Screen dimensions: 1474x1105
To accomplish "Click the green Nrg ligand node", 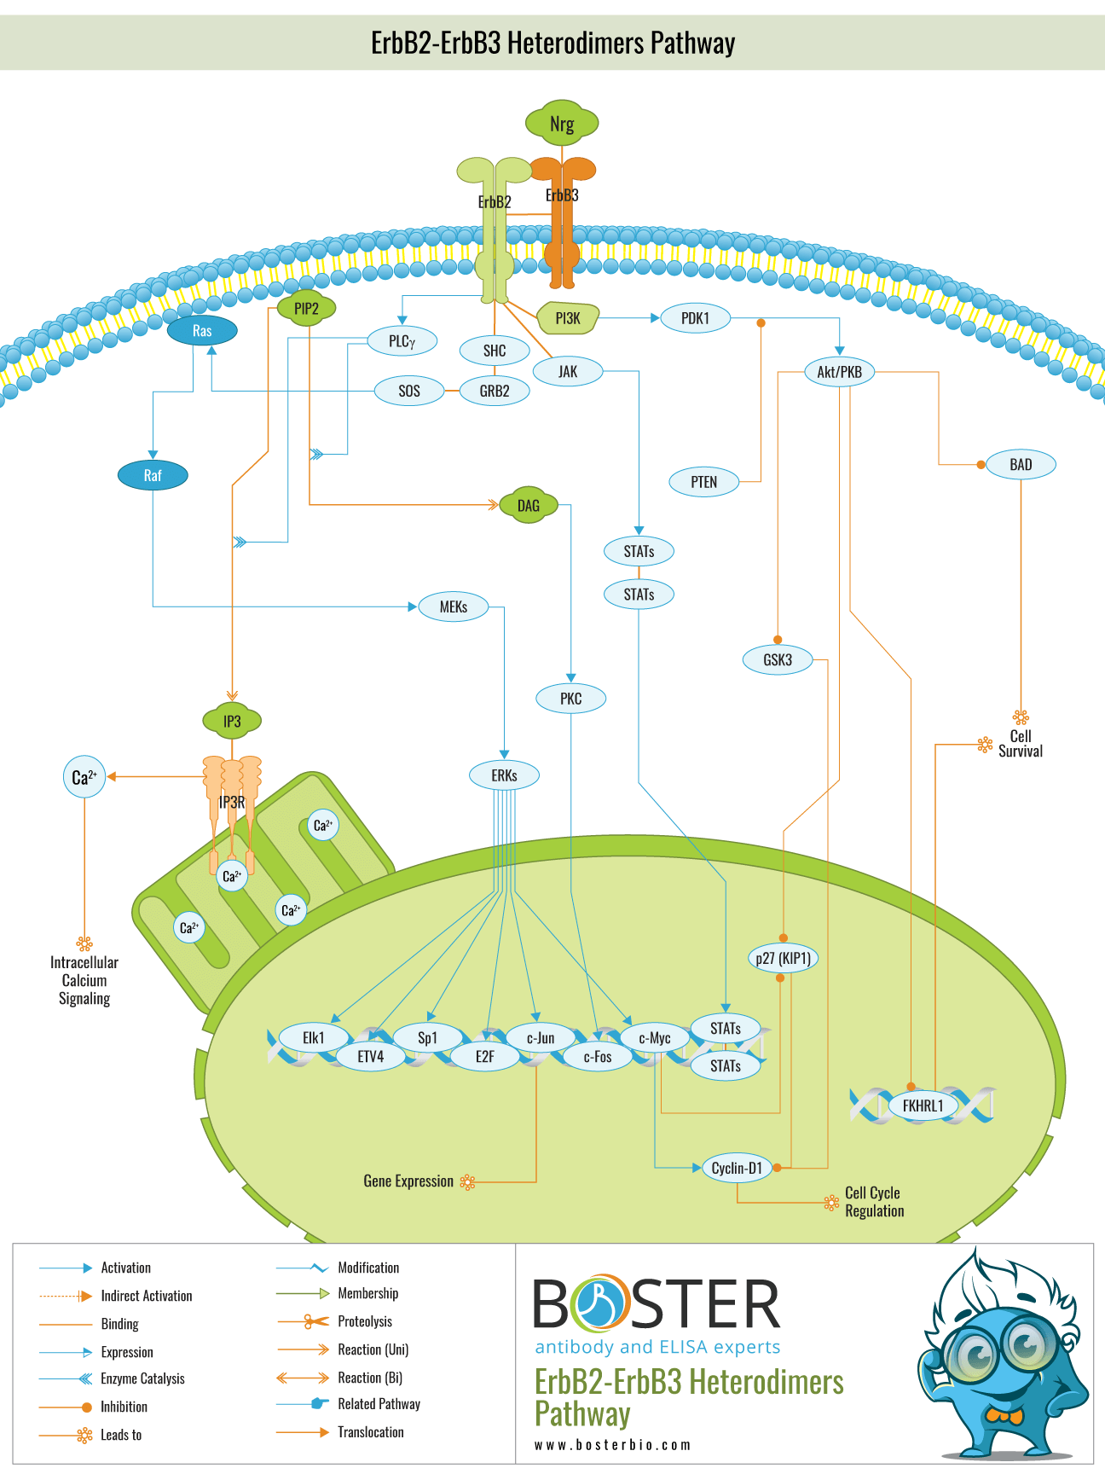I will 561,124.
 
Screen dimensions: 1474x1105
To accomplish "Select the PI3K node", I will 568,318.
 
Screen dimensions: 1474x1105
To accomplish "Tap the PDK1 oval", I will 695,318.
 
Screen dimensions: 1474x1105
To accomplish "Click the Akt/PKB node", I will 839,372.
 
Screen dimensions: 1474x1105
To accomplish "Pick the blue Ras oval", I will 202,331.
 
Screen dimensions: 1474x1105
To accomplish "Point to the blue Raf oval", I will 153,476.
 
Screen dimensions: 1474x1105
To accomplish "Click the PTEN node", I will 703,482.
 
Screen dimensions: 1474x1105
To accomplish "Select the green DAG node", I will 528,506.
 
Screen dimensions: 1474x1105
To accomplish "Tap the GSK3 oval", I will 778,659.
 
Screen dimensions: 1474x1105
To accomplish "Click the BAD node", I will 1021,465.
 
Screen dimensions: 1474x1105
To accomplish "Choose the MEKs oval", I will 454,607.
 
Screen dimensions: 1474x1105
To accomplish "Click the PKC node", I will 570,699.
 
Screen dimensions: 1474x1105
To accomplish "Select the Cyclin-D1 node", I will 737,1168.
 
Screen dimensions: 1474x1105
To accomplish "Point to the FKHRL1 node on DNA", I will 923,1106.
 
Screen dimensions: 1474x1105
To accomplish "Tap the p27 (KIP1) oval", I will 783,958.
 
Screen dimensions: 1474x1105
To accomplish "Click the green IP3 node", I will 232,722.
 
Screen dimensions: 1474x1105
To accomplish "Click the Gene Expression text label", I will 408,1181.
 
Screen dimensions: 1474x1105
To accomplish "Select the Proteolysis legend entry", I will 365,1321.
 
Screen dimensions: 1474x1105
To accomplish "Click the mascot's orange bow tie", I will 1004,1417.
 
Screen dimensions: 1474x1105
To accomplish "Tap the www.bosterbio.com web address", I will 612,1445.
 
